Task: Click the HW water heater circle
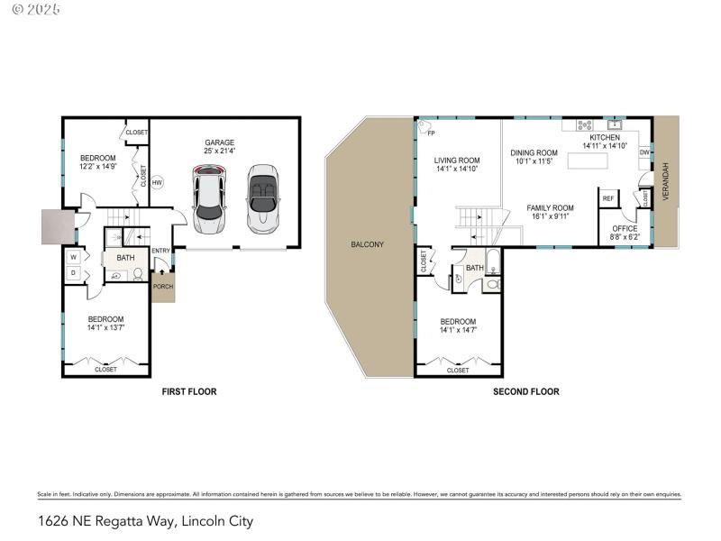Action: click(x=157, y=182)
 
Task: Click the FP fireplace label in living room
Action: click(x=431, y=133)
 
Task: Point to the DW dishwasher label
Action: click(x=644, y=153)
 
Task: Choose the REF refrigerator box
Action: click(x=608, y=198)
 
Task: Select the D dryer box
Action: click(x=73, y=273)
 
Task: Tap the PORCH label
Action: click(x=162, y=287)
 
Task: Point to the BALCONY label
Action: click(x=368, y=244)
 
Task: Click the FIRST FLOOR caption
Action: click(x=189, y=391)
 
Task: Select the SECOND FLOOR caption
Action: click(x=525, y=391)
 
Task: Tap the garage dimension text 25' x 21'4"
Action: click(x=219, y=151)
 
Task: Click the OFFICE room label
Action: click(x=625, y=229)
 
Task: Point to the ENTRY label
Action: click(x=161, y=251)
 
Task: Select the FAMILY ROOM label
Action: click(x=550, y=208)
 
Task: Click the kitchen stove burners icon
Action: click(x=583, y=125)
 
